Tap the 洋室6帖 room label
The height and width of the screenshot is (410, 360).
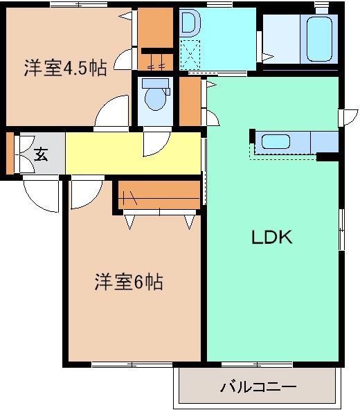coord(129,282)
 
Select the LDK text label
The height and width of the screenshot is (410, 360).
coord(272,238)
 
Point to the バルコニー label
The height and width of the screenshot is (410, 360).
coord(258,386)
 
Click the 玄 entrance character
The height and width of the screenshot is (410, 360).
coord(41,154)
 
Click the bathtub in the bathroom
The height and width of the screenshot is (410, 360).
coord(318,37)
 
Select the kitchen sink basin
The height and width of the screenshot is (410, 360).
coord(276,142)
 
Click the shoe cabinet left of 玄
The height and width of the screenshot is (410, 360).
coord(9,153)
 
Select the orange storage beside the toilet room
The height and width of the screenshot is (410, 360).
coord(189,102)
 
